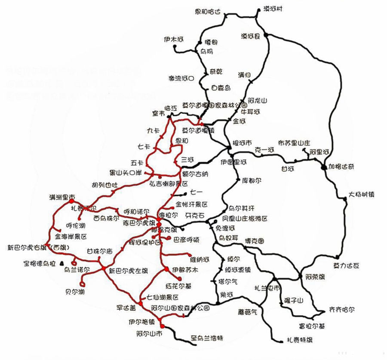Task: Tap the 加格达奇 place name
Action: pos(343,166)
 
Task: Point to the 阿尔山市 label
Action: pos(150,333)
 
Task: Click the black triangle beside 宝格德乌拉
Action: pos(61,262)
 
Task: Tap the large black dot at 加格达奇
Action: pos(324,166)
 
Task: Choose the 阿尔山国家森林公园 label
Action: pos(181,308)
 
